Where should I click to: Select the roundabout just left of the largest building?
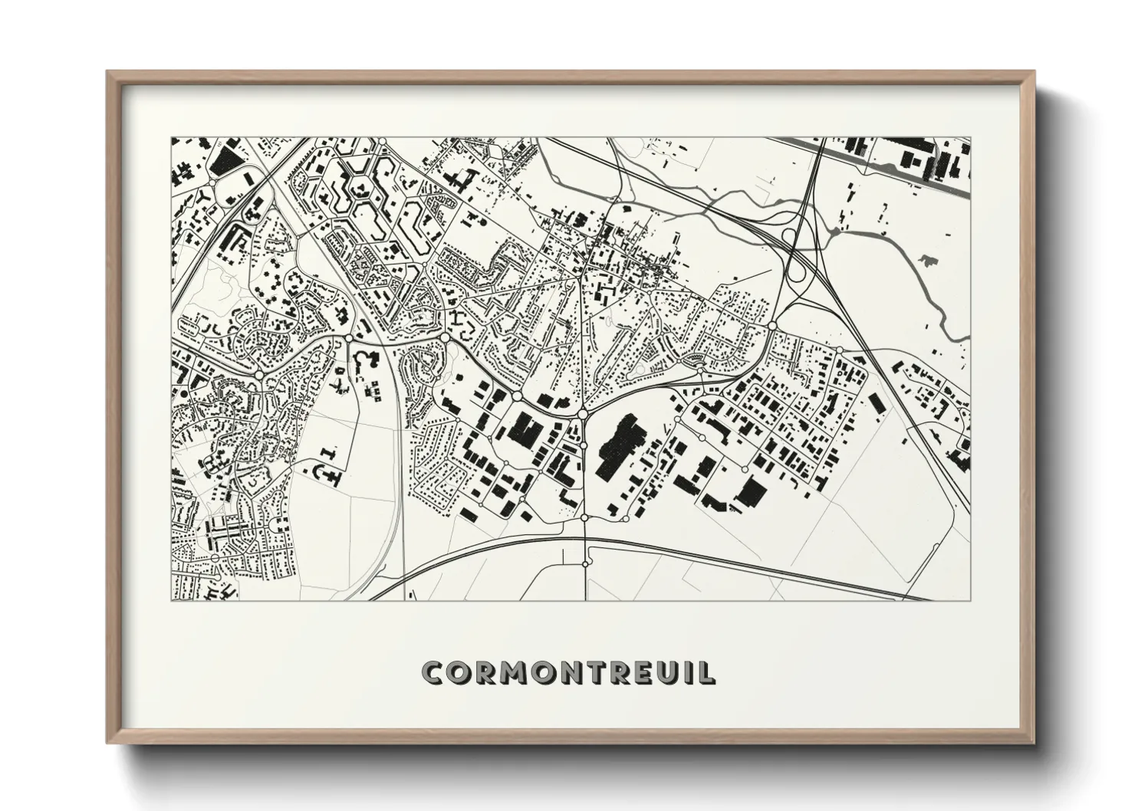[x=583, y=414]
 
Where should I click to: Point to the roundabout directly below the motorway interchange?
[x=771, y=327]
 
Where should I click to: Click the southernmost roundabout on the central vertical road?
[x=585, y=563]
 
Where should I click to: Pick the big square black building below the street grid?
[x=754, y=492]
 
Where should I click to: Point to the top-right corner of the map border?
[x=971, y=138]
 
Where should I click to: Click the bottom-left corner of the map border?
[x=171, y=599]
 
